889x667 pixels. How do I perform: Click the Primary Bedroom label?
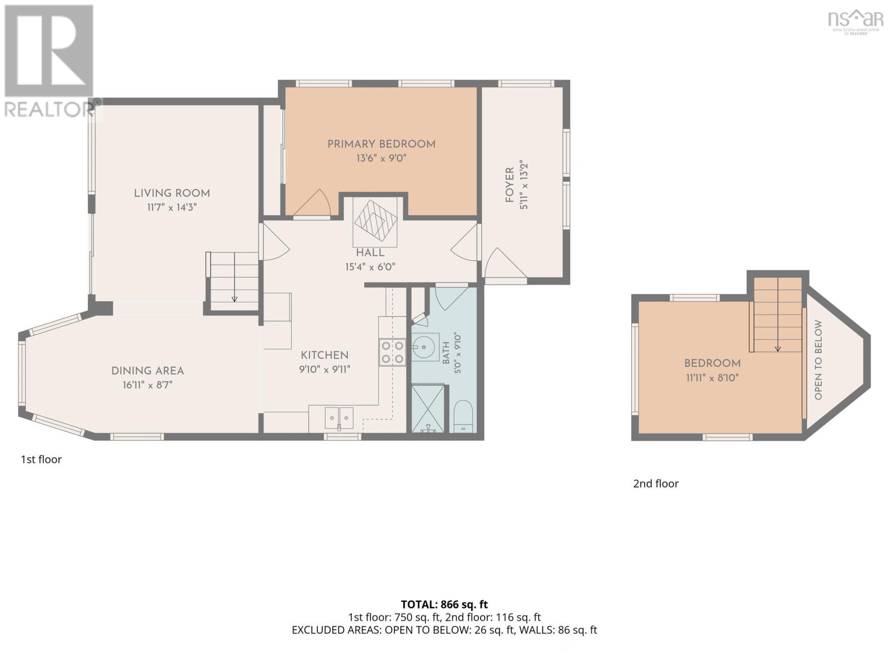(381, 144)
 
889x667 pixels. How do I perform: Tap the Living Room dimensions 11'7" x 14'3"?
(172, 207)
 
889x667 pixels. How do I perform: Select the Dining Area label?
(147, 371)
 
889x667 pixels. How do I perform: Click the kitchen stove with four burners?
(392, 352)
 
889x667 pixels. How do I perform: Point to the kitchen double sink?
(339, 419)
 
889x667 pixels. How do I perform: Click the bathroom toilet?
(463, 416)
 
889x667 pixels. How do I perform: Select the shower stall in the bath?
(428, 409)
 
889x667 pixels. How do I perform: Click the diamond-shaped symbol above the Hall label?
(376, 221)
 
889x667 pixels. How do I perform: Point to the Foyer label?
(510, 185)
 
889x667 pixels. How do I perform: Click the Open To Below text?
(818, 360)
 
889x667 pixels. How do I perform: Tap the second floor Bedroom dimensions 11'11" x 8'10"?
(712, 378)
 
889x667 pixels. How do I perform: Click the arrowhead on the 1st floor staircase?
(234, 299)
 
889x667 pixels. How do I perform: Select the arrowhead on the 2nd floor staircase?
(778, 349)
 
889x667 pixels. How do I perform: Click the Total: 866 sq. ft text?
(444, 604)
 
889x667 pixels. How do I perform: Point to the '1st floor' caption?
(41, 459)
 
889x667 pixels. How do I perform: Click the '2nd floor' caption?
(656, 484)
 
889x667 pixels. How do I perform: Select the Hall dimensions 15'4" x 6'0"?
(370, 267)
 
